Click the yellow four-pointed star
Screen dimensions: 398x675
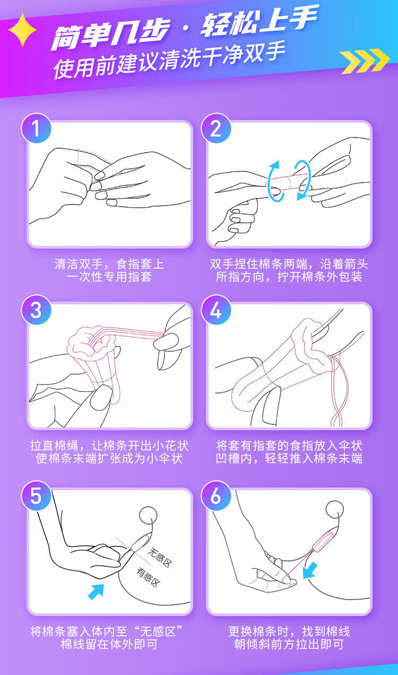(23, 30)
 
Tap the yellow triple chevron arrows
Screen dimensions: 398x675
(365, 61)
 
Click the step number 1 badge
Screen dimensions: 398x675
(36, 128)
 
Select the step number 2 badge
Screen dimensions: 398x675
(216, 128)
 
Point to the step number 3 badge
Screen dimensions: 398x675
(36, 310)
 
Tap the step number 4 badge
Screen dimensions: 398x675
(216, 310)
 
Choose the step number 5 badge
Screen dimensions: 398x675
(36, 495)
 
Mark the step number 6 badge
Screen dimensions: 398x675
(216, 495)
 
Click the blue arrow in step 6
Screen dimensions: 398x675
(310, 570)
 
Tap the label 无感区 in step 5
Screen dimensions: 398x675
(160, 557)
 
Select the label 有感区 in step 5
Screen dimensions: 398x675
(148, 577)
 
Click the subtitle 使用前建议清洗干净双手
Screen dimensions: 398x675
(169, 61)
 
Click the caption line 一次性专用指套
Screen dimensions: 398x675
(109, 276)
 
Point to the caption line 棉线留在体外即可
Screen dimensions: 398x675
(109, 644)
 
